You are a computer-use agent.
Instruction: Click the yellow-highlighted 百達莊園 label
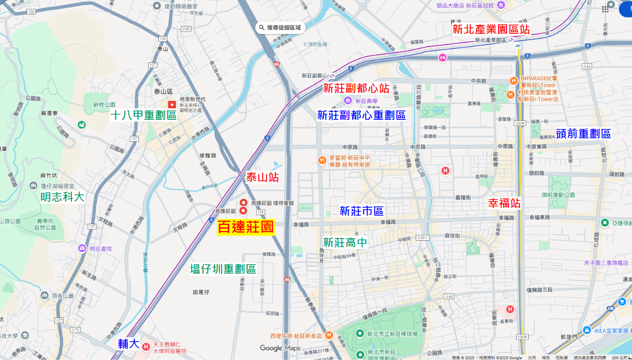pyautogui.click(x=246, y=227)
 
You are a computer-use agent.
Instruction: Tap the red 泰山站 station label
pyautogui.click(x=262, y=177)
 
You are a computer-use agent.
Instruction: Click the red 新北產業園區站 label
pyautogui.click(x=491, y=29)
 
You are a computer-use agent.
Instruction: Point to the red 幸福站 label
pyautogui.click(x=504, y=203)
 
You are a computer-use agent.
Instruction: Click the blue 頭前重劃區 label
pyautogui.click(x=583, y=134)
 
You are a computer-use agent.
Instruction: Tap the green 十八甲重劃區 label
pyautogui.click(x=144, y=116)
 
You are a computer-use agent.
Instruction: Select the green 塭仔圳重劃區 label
pyautogui.click(x=223, y=269)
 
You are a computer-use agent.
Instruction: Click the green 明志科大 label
pyautogui.click(x=62, y=197)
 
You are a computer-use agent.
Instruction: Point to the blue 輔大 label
pyautogui.click(x=128, y=344)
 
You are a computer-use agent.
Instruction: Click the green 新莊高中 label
pyautogui.click(x=345, y=243)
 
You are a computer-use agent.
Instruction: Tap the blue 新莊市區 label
pyautogui.click(x=361, y=211)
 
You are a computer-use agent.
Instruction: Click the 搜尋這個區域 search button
pyautogui.click(x=280, y=27)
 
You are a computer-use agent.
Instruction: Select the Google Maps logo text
pyautogui.click(x=280, y=348)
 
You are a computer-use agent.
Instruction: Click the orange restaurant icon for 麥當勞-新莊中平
pyautogui.click(x=322, y=160)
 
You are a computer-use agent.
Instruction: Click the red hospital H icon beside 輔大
pyautogui.click(x=146, y=347)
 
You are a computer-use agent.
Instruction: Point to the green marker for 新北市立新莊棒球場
pyautogui.click(x=360, y=334)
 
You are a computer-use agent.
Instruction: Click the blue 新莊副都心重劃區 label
pyautogui.click(x=361, y=116)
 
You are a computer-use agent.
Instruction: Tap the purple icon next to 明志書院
pyautogui.click(x=82, y=248)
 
